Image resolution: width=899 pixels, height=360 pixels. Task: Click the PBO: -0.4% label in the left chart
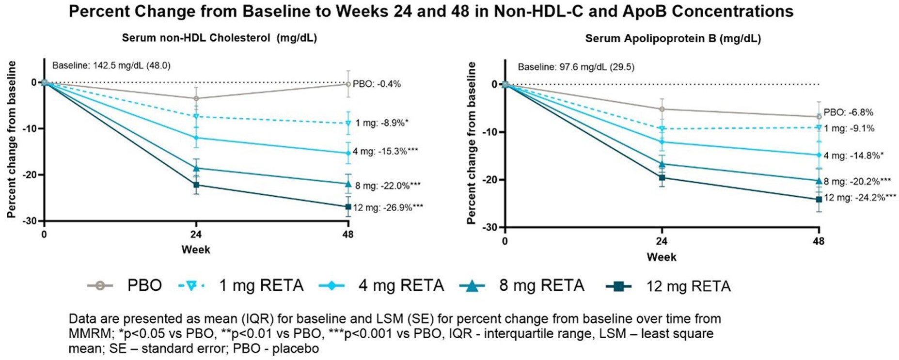377,84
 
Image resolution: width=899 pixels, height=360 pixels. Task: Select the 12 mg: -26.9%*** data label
388,208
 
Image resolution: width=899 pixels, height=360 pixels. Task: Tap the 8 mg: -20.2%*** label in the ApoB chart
857,182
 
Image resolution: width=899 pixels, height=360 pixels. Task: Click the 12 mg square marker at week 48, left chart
348,207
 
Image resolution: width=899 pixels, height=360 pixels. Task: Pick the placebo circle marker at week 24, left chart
196,98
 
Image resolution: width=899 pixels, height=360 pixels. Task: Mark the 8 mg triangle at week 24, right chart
662,164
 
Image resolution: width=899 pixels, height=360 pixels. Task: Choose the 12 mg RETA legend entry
668,286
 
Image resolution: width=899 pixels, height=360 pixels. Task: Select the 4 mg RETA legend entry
381,285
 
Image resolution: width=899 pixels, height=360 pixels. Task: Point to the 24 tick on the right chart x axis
662,241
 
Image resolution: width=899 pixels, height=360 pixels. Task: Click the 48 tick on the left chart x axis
348,235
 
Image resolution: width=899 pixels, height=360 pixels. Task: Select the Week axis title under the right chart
662,257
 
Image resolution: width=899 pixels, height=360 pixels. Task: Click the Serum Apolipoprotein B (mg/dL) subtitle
673,38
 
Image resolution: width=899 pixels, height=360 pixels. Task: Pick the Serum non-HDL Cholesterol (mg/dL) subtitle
219,38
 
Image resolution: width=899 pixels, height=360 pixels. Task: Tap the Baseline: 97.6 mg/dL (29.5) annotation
576,67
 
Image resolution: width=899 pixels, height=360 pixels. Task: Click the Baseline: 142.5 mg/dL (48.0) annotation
111,65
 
